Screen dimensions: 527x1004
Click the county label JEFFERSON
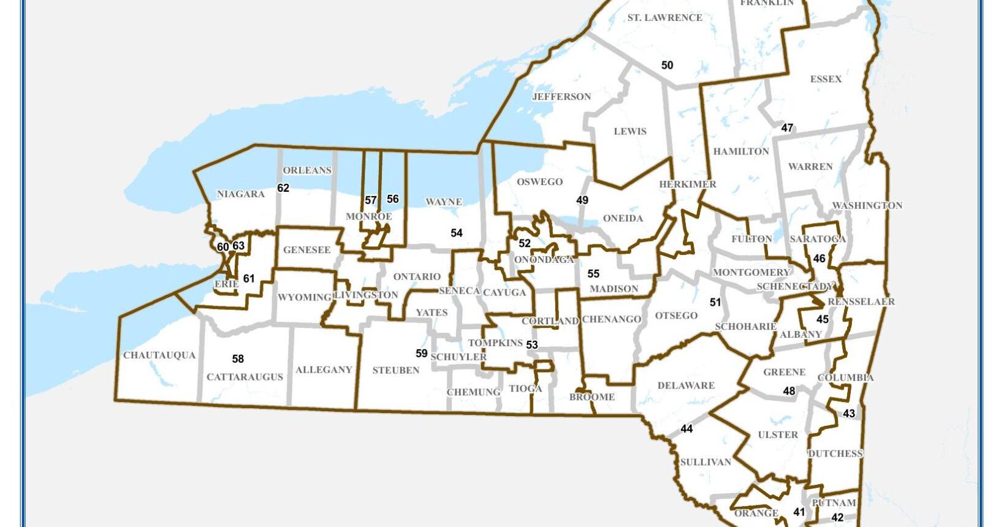click(561, 97)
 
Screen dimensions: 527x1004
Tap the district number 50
click(667, 65)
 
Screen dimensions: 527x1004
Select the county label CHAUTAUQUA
click(159, 355)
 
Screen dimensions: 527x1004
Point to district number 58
click(238, 359)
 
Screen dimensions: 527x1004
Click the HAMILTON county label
click(741, 151)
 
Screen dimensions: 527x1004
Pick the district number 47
click(787, 128)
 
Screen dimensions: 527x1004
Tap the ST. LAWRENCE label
click(664, 18)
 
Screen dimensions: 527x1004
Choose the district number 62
click(283, 188)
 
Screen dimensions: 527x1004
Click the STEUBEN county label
click(396, 371)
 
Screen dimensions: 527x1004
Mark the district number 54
click(456, 233)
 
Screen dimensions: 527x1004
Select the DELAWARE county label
click(686, 385)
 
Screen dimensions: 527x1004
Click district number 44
click(686, 429)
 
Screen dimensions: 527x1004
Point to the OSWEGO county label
click(539, 182)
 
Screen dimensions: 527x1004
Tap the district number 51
click(715, 302)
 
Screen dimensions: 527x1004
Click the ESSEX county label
click(826, 79)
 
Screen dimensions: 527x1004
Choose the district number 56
click(393, 199)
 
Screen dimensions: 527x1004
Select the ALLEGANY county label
click(324, 370)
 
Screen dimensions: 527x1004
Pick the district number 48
click(789, 391)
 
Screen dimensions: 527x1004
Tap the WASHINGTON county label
click(867, 206)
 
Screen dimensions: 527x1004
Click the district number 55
click(593, 274)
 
